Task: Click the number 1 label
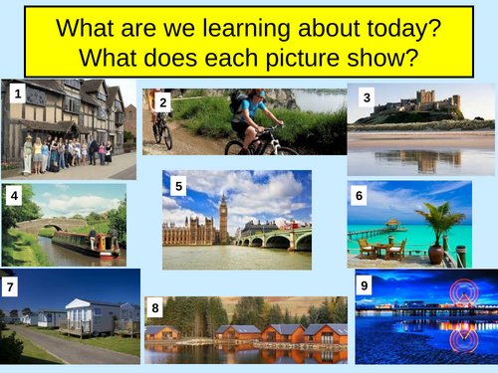17,94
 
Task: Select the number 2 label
162,101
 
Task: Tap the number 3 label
367,96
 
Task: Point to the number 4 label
15,196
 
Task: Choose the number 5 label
178,185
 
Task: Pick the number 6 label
360,196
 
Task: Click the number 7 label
11,286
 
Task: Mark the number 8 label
154,307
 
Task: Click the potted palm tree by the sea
438,228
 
